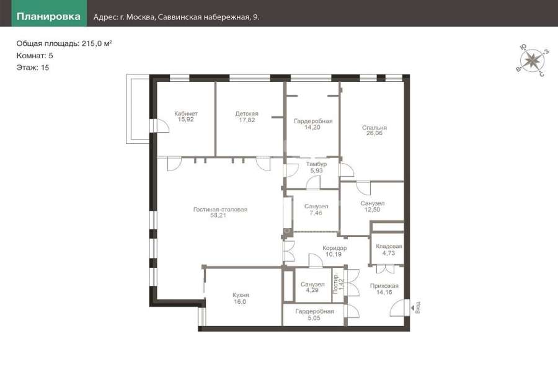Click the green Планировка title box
click(49, 13)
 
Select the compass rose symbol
click(532, 60)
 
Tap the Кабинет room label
click(186, 113)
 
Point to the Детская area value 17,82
click(247, 120)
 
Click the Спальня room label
click(374, 128)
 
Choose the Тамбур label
click(316, 164)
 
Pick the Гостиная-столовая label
click(220, 210)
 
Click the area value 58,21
click(218, 215)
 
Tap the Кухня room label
click(241, 295)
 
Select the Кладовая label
click(389, 246)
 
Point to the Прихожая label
click(384, 286)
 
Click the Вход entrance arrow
click(412, 307)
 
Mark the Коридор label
click(335, 248)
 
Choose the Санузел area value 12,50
click(372, 210)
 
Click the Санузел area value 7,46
click(316, 213)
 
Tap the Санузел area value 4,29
click(312, 290)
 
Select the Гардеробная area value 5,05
click(314, 318)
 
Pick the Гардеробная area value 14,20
click(312, 127)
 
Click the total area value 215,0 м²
click(97, 43)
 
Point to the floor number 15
click(45, 68)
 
